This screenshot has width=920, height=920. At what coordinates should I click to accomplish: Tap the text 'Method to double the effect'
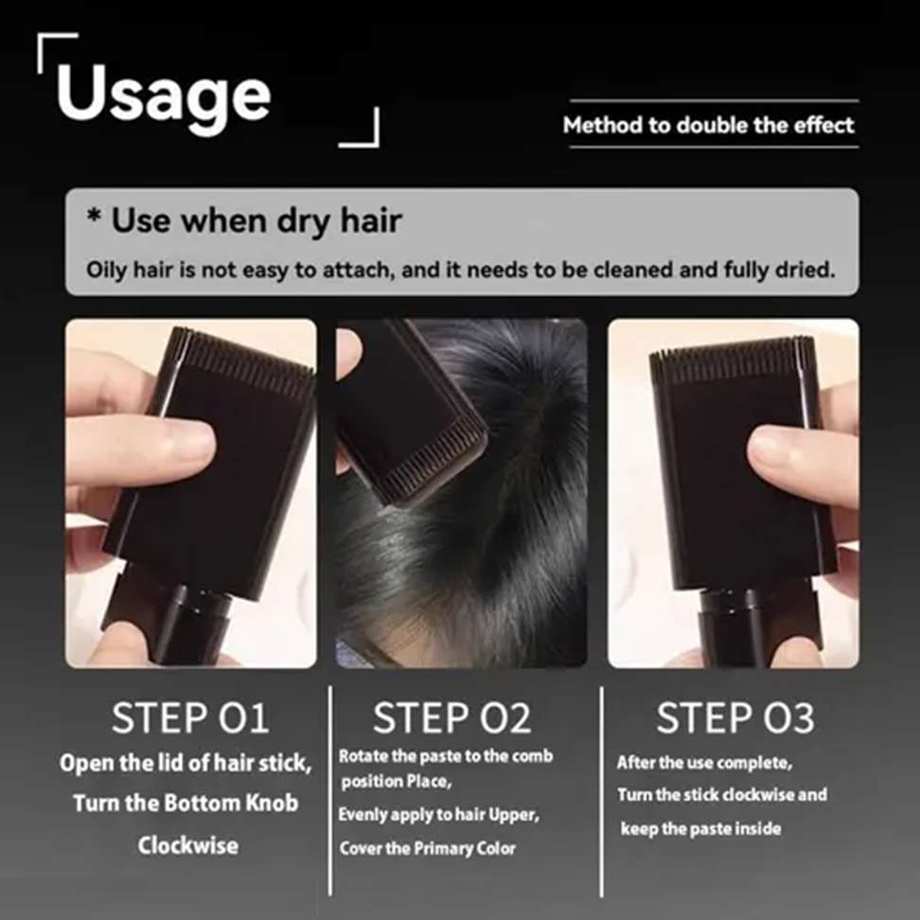709,125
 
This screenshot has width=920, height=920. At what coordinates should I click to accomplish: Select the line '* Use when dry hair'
245,221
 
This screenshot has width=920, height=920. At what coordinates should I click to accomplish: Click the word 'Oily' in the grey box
105,269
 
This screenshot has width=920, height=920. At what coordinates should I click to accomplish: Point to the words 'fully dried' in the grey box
787,269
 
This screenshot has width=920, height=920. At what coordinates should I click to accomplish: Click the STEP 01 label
189,718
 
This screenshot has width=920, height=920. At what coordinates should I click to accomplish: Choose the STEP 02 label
451,718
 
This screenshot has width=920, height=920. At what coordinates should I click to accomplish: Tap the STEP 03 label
734,718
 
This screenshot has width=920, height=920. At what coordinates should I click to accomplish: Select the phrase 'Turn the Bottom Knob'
186,804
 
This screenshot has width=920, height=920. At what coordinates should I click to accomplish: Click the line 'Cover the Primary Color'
428,847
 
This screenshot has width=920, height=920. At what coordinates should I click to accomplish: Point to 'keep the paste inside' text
700,828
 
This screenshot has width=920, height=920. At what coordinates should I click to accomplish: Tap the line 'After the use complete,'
704,762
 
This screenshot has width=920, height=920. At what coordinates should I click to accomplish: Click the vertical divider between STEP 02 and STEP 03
601,790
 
